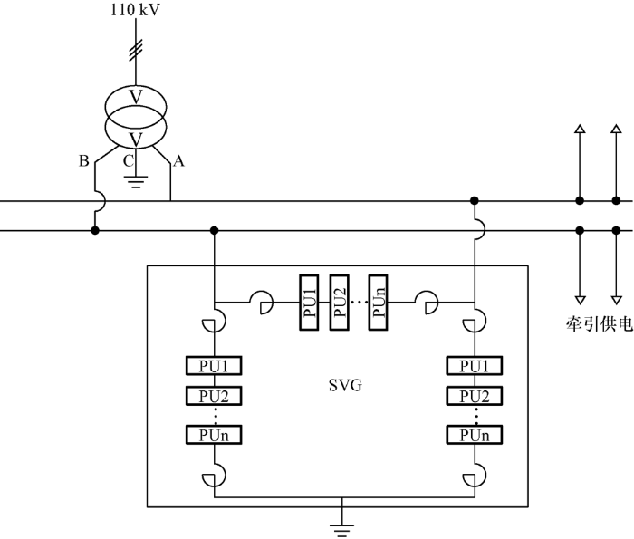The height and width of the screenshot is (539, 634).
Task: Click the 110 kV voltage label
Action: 136,10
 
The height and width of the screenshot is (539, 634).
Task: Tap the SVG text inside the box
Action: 345,385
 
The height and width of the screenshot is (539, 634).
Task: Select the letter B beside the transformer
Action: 83,161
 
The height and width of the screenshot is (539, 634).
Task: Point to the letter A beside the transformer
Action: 178,161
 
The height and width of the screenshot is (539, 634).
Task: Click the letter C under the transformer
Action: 129,161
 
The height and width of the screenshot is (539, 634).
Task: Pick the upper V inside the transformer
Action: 136,97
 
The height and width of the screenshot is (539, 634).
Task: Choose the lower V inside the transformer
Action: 136,140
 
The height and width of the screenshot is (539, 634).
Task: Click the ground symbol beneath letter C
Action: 136,182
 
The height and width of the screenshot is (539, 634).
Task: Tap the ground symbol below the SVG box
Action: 341,530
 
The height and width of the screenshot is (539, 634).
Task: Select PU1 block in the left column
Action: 214,366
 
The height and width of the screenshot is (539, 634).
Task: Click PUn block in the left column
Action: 214,435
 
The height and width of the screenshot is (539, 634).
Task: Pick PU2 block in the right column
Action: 475,396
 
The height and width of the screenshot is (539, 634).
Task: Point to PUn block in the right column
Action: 475,435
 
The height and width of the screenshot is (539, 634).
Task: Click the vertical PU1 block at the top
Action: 309,303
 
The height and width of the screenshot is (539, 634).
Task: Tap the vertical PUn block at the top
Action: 378,303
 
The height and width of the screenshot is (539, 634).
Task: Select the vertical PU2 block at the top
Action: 340,303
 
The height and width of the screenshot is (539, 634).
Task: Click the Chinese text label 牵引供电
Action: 600,324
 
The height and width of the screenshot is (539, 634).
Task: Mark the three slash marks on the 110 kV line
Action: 136,51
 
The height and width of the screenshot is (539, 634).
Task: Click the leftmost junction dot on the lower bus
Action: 95,230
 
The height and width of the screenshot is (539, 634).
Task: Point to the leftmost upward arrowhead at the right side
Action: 580,129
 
